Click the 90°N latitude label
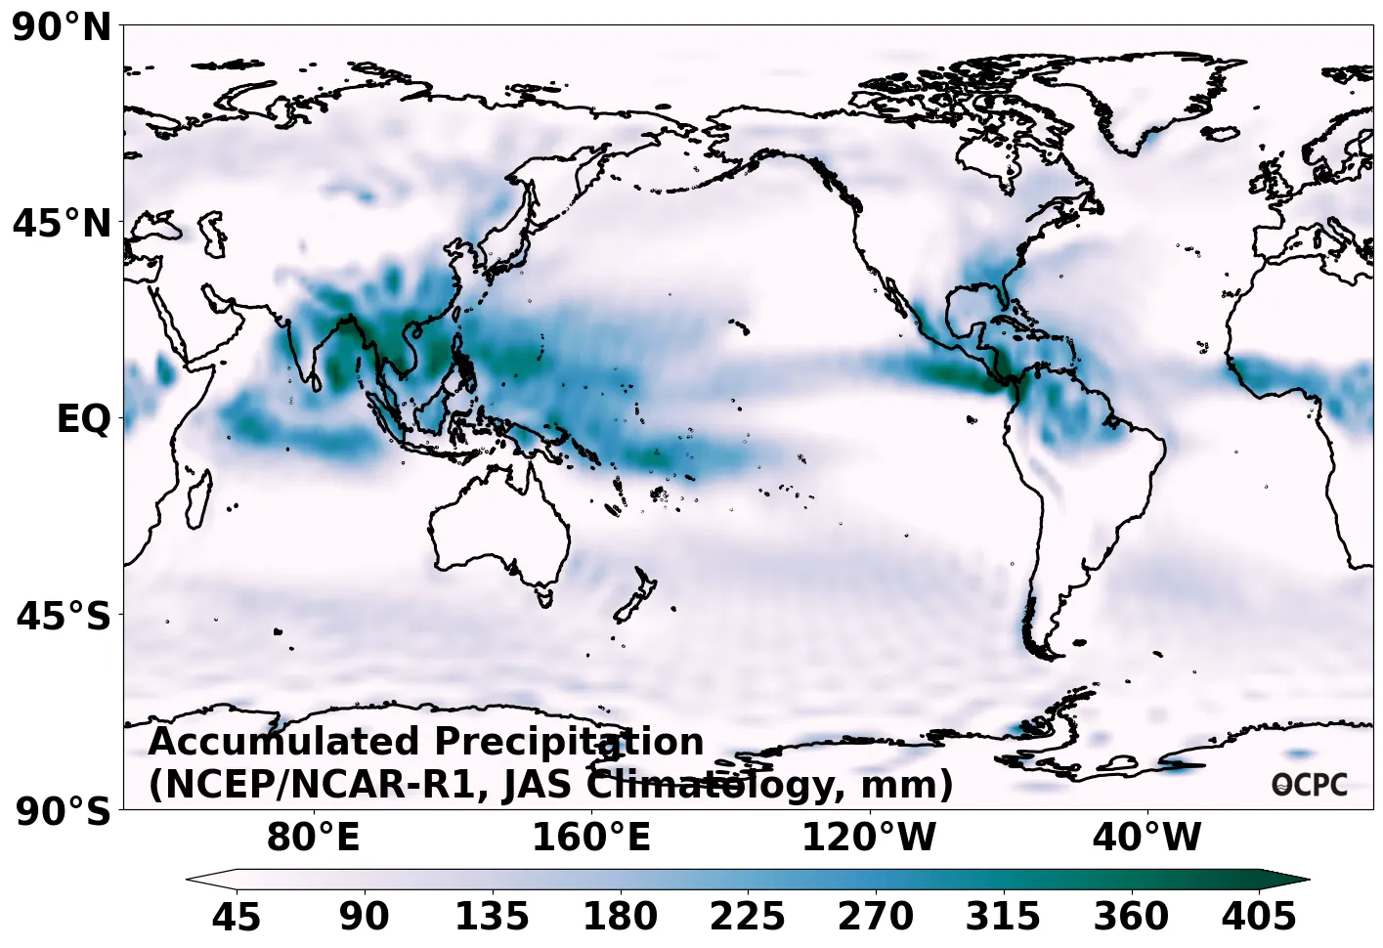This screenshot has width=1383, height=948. (x=63, y=27)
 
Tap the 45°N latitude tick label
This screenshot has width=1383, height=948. (x=63, y=224)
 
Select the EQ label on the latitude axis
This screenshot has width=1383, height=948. (x=84, y=419)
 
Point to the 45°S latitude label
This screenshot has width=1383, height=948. (x=64, y=617)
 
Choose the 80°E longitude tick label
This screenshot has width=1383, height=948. (x=314, y=838)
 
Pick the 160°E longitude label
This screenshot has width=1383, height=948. (x=591, y=838)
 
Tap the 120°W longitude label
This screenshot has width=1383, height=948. (x=869, y=838)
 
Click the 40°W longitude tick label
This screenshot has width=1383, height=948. (x=1146, y=838)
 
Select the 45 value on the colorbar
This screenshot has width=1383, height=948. (x=237, y=917)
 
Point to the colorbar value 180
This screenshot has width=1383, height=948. (x=620, y=917)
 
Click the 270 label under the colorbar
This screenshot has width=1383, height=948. (x=876, y=917)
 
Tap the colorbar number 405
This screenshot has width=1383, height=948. (x=1259, y=917)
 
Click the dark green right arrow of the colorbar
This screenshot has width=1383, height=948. (x=1286, y=880)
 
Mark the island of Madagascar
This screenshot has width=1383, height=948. (x=198, y=498)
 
